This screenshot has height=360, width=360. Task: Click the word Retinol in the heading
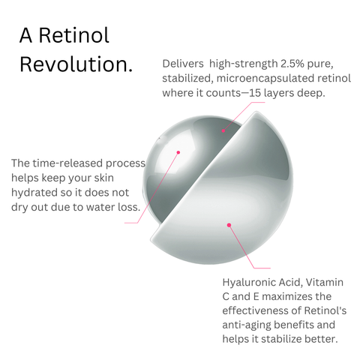[x=74, y=35]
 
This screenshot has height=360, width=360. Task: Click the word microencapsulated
[x=265, y=79]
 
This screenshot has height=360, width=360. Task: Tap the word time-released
[x=67, y=163]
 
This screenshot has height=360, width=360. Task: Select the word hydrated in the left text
[x=34, y=193]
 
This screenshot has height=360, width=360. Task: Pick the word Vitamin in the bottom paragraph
[x=325, y=282]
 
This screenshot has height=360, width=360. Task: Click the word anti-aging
[x=247, y=325]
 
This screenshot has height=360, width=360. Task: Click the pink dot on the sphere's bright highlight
[x=178, y=152]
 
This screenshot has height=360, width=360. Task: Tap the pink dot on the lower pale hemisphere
[x=229, y=225]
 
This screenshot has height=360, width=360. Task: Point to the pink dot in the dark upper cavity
[x=223, y=130]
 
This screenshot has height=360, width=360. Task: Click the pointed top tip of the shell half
[x=256, y=112]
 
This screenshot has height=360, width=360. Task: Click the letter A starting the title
[x=25, y=36]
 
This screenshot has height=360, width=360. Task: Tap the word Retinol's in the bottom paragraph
[x=325, y=310]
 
